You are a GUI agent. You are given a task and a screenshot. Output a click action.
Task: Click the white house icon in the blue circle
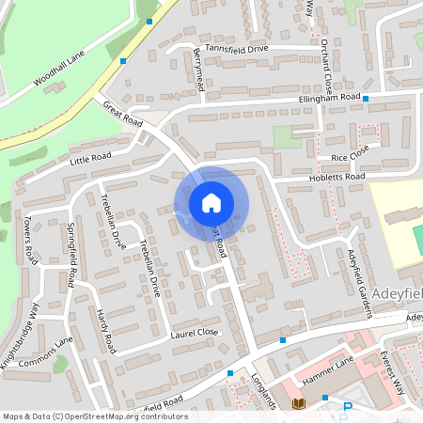tap(211, 202)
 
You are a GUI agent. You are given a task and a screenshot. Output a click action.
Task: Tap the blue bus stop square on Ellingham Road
tap(366, 98)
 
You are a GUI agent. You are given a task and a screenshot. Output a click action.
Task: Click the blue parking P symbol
tap(347, 407)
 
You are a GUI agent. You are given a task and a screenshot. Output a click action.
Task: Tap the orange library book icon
tap(299, 404)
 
